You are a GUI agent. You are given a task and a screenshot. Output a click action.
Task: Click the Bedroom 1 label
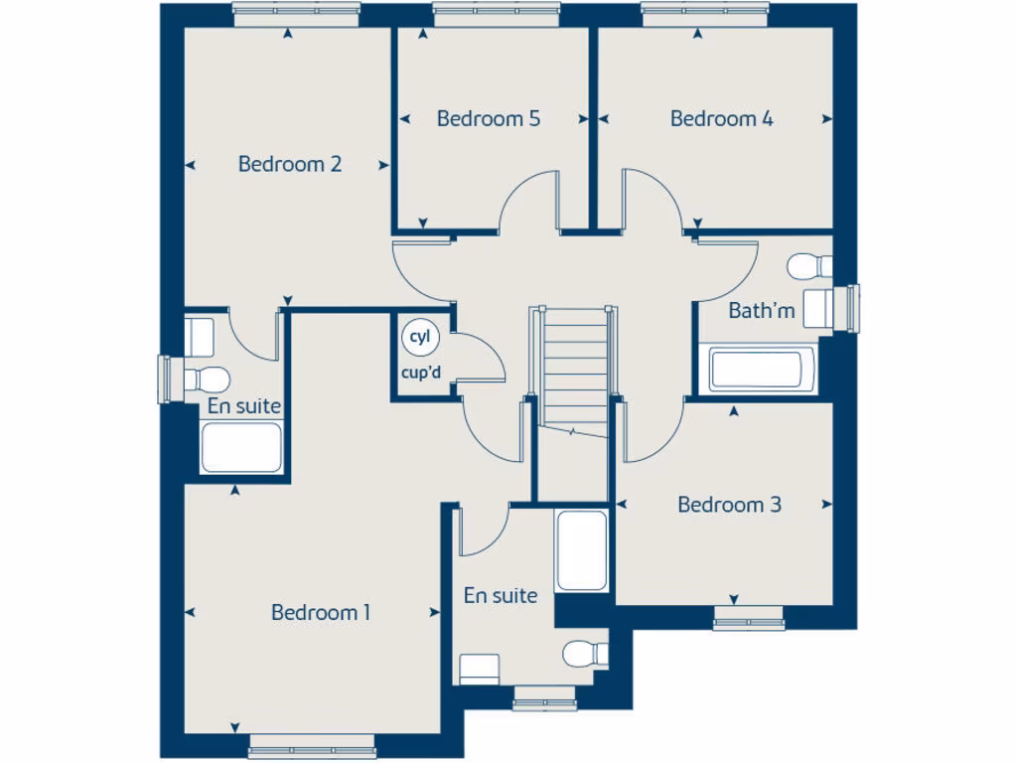point(321,613)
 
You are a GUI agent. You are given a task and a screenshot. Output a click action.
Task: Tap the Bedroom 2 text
point(290,164)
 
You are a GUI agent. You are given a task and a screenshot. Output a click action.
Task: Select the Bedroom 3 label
point(729,505)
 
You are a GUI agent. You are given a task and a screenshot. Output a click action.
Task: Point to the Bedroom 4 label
point(722,119)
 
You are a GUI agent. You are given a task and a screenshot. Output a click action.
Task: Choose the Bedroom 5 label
point(489,119)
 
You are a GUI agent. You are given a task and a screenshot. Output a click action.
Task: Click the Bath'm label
point(762,311)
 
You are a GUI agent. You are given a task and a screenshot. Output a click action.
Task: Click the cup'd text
point(420,375)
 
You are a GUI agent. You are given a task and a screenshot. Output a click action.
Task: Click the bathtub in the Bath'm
point(763,370)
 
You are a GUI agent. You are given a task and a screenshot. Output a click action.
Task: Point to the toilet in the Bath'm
point(810,266)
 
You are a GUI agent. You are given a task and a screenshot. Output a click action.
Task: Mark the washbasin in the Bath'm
point(820,309)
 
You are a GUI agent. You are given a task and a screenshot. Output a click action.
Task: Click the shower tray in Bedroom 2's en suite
point(241,447)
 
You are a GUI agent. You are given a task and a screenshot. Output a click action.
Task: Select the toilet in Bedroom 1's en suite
point(585,653)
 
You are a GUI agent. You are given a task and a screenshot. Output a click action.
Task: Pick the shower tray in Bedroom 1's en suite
point(581,551)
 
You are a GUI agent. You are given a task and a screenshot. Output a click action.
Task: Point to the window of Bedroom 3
point(749,623)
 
